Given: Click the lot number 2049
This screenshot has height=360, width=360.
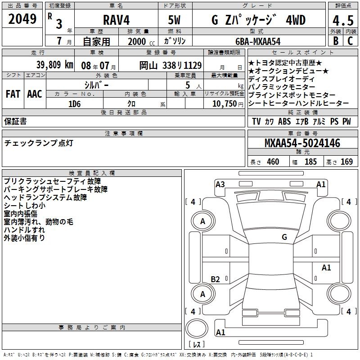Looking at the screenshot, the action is tap(22, 19).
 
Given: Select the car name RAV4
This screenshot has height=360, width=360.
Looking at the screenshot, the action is tap(116, 20).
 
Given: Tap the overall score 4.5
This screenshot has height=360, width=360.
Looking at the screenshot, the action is tap(343, 21).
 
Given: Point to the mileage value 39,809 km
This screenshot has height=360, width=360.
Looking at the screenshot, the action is tap(54, 65).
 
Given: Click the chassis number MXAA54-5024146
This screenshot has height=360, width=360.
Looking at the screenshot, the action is tap(302, 143).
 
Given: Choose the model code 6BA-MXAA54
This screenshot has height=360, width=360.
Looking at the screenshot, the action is tap(258, 41).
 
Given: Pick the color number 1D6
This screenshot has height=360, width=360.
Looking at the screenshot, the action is tap(75, 104).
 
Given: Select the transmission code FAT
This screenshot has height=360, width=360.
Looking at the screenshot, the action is tap(13, 94).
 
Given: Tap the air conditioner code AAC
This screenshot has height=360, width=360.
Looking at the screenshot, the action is tap(35, 94).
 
